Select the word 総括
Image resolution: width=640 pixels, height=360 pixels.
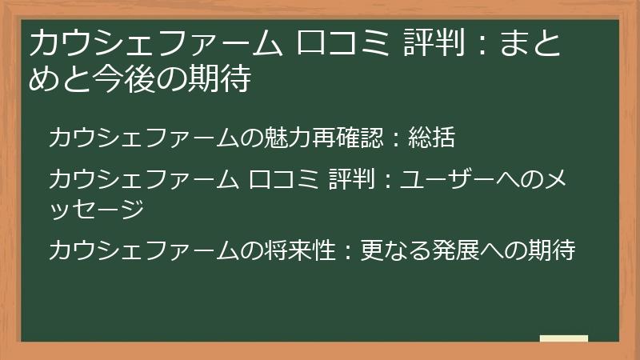(x=431, y=138)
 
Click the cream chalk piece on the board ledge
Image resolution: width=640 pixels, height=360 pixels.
(x=563, y=339)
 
